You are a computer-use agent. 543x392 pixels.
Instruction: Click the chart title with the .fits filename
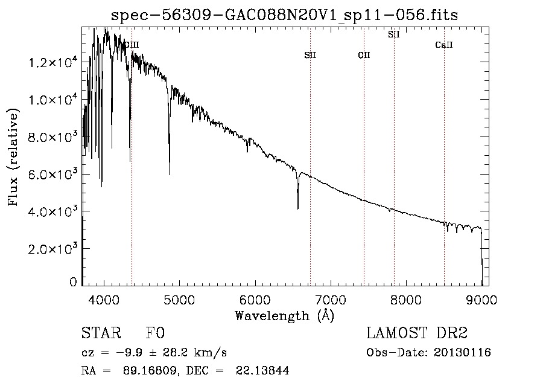pos(284,15)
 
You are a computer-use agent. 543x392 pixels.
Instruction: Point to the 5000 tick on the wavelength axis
pos(180,300)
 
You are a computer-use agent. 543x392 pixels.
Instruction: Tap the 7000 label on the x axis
pos(331,300)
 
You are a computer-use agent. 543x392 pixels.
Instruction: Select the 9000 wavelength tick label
pos(481,300)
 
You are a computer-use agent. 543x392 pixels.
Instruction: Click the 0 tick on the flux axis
pos(73,282)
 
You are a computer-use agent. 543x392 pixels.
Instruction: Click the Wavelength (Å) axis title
pos(285,316)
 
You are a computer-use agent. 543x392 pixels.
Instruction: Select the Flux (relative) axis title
pos(13,157)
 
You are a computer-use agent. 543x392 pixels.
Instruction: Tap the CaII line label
pos(444,45)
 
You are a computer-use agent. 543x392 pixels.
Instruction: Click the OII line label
pos(364,55)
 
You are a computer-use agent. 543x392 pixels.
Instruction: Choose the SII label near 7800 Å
pos(394,34)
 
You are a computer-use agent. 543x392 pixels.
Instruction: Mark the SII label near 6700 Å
pos(310,55)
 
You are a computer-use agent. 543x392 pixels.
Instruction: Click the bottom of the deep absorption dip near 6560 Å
pos(298,208)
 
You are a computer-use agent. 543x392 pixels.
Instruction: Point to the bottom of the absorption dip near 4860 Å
pos(169,175)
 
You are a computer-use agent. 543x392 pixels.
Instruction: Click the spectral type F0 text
pos(155,333)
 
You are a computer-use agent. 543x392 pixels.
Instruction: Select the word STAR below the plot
pos(101,333)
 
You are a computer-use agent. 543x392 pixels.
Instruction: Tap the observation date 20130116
pos(462,353)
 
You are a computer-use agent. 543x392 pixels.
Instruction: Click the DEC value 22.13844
pos(262,370)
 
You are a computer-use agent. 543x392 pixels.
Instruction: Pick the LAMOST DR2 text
pos(417,333)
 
